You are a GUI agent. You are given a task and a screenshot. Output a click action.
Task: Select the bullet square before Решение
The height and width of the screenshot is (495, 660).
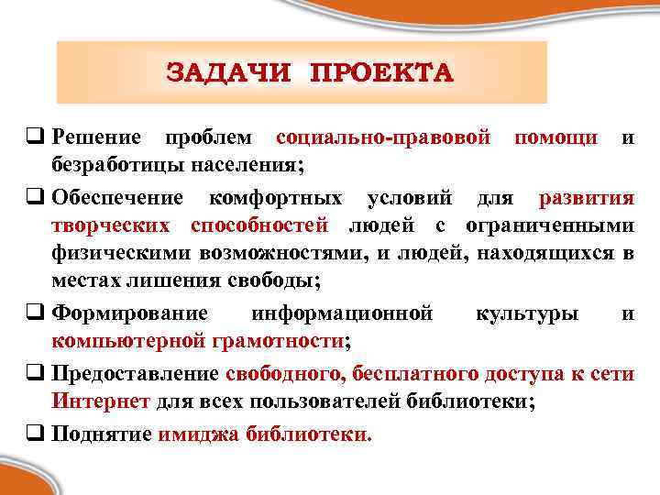[39, 139]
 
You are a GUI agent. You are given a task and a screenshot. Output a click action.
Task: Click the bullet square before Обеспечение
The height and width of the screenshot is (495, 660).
[39, 197]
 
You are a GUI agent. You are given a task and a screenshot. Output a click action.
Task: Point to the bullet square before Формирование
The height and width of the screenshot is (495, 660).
[39, 313]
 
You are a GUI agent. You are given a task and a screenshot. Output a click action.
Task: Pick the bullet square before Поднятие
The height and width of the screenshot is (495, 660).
[39, 434]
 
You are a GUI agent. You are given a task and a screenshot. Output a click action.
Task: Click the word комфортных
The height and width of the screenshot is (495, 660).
[276, 197]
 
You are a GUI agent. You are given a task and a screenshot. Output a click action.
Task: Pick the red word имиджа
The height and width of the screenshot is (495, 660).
[198, 434]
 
